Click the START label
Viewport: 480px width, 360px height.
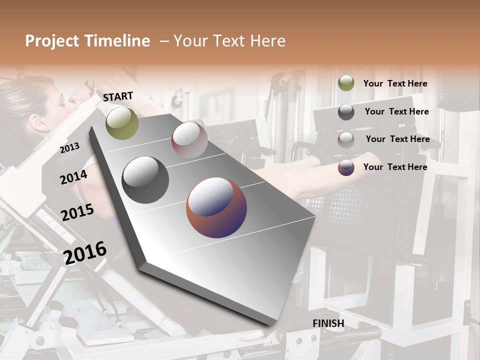(118, 96)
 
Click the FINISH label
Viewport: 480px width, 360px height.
(328, 323)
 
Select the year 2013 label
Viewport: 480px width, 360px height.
(69, 147)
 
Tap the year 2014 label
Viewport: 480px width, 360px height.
(73, 177)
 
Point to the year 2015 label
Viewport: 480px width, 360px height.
(77, 212)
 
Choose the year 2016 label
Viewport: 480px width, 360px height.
(85, 252)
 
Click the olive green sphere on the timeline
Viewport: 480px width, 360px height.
(122, 123)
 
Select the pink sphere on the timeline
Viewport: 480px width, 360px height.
(189, 139)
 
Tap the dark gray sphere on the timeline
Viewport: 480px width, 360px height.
(145, 179)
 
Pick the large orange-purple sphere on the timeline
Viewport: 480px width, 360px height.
(216, 207)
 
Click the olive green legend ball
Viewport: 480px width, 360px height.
(346, 83)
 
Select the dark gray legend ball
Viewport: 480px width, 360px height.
(346, 112)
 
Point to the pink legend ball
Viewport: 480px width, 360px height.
(346, 139)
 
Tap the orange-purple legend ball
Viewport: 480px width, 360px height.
(346, 167)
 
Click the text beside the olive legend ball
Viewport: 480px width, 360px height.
(395, 84)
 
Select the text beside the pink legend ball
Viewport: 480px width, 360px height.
(397, 139)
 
